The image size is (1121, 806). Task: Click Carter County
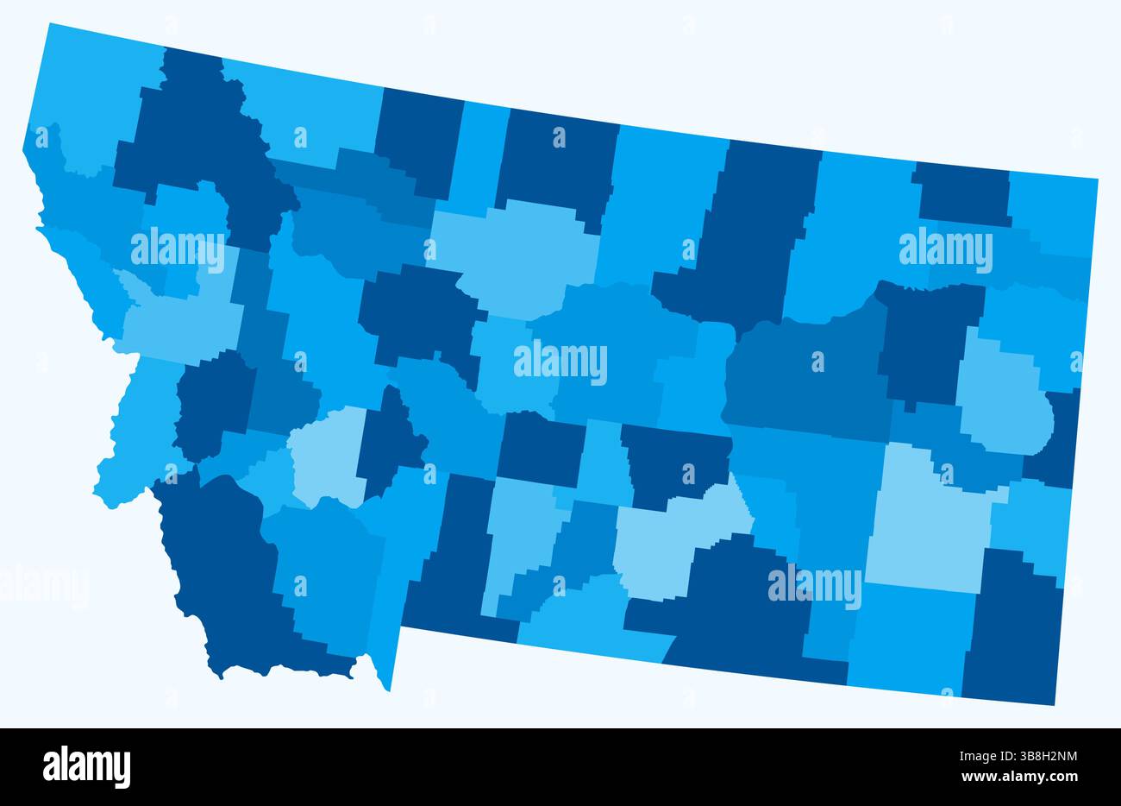[1013, 630]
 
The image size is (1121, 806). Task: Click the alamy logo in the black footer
[87, 766]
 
